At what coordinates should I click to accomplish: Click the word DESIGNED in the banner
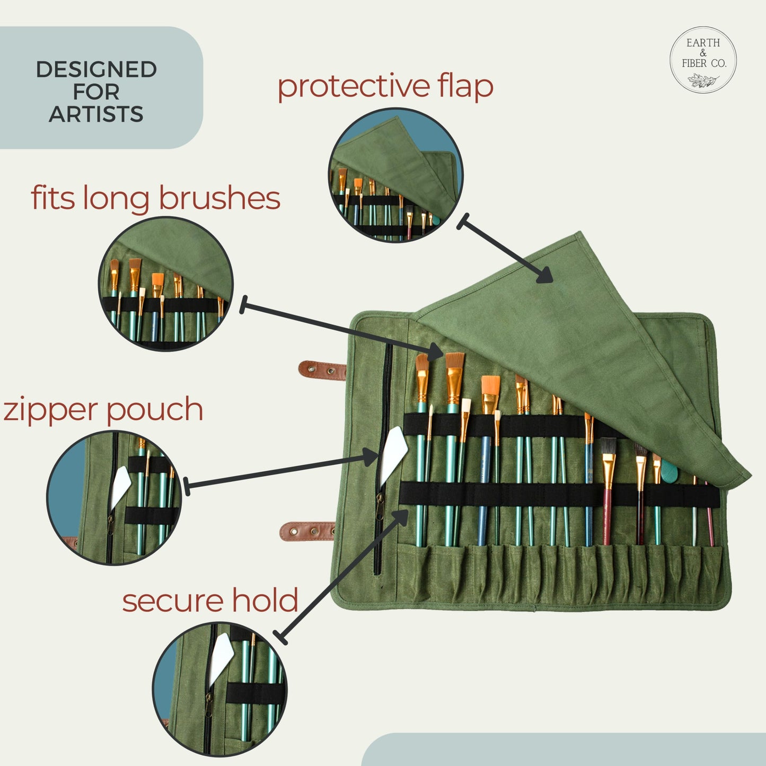coord(96,69)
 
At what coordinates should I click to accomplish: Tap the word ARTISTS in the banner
coord(96,115)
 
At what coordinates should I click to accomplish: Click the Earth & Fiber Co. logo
coord(703,60)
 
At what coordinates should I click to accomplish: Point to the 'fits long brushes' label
coord(155,198)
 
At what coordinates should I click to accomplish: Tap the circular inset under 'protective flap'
coord(396,175)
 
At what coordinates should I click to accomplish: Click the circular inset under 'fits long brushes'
coord(166,284)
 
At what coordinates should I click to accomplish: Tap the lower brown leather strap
coord(307,531)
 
